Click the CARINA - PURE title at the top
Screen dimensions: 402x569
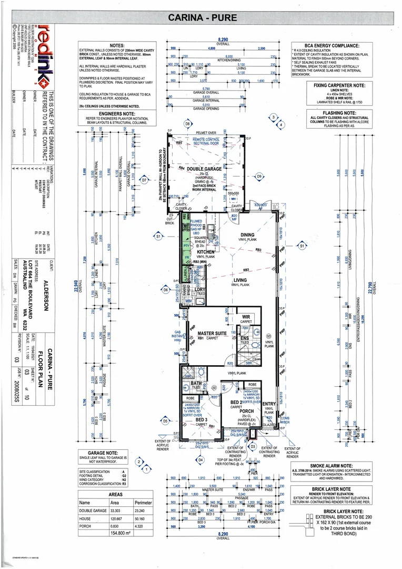pyautogui.click(x=202, y=18)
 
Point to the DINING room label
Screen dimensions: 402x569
pyautogui.click(x=247, y=235)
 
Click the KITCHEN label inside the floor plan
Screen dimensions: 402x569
pyautogui.click(x=206, y=252)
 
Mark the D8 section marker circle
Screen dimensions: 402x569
pyautogui.click(x=187, y=124)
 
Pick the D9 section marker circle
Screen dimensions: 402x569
pyautogui.click(x=259, y=176)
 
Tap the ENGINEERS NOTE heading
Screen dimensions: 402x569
pyautogui.click(x=115, y=113)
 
